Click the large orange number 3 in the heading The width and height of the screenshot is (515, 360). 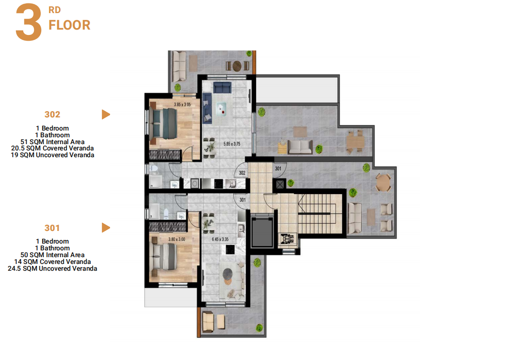29,22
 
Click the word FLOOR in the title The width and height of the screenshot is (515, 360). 69,25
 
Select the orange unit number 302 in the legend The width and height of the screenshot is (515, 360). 52,115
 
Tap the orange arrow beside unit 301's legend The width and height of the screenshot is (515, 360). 106,228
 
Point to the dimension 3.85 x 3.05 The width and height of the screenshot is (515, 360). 182,104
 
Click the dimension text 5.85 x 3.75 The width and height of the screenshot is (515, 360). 232,144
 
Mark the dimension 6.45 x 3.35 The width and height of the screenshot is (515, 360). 220,239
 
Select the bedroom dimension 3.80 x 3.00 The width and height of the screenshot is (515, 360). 177,239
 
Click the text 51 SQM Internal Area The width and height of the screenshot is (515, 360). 52,142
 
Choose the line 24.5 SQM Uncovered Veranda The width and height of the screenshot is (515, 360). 52,268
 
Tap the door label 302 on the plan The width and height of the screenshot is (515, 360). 242,173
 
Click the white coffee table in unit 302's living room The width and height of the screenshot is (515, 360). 221,109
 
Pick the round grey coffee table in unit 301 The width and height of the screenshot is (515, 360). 227,273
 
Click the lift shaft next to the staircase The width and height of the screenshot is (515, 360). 262,231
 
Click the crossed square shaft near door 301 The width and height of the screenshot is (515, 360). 280,184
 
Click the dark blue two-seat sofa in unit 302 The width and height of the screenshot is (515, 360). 223,88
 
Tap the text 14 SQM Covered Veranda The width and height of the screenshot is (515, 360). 52,262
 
